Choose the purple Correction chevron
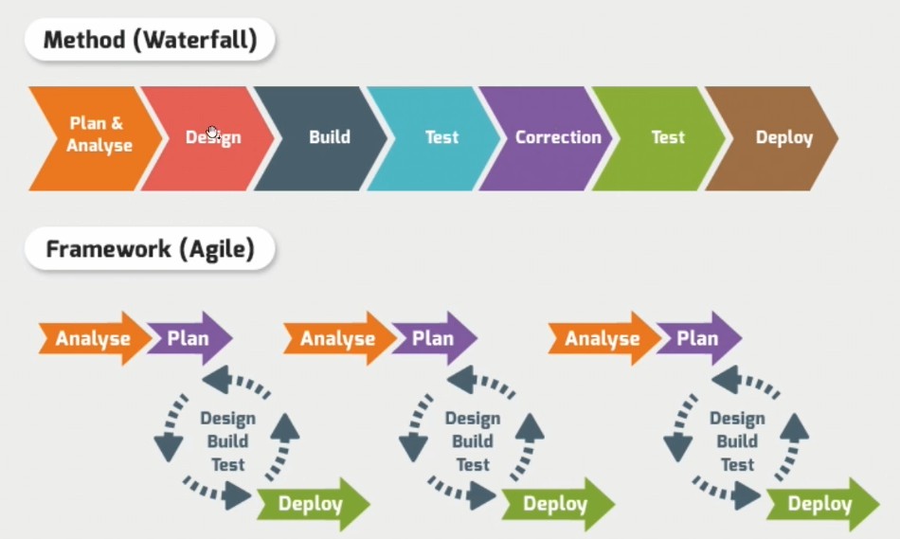coord(547,138)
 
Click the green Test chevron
coord(659,138)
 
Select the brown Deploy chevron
coord(772,138)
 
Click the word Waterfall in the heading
coord(199,40)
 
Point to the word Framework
coord(108,249)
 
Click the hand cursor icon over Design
coord(212,133)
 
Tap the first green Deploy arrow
coord(314,504)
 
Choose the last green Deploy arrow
coord(823,504)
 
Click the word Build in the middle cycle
coord(473,441)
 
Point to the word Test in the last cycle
coord(737,464)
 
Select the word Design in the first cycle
coord(228,419)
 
